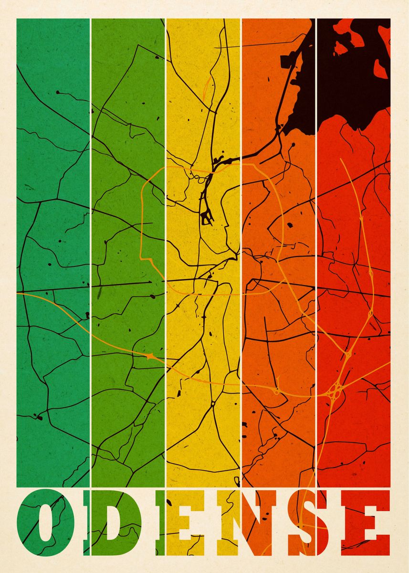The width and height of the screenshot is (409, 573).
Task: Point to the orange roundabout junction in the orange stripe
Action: [x=276, y=392]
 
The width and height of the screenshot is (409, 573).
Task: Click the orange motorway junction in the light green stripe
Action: [x=150, y=356]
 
